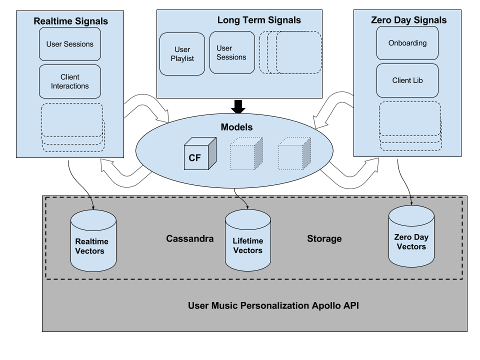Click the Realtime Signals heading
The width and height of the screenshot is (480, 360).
tap(70, 21)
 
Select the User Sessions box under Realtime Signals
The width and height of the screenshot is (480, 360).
tap(70, 44)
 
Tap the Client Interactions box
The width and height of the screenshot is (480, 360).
tap(70, 81)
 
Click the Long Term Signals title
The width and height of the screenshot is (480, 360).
tap(259, 20)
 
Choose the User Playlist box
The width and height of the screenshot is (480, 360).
tap(182, 54)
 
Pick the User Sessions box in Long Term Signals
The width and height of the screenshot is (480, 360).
tap(231, 52)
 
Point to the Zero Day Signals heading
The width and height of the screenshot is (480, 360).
tap(408, 20)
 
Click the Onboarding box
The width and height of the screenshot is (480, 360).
tap(407, 43)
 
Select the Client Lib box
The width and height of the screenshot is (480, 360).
tap(407, 80)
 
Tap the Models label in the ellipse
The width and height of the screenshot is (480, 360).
tap(236, 127)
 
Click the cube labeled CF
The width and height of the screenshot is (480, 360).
tap(199, 154)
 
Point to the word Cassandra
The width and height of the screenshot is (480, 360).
tap(189, 238)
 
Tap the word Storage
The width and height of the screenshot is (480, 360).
tap(324, 238)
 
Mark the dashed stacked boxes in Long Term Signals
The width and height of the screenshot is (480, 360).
tap(291, 52)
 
